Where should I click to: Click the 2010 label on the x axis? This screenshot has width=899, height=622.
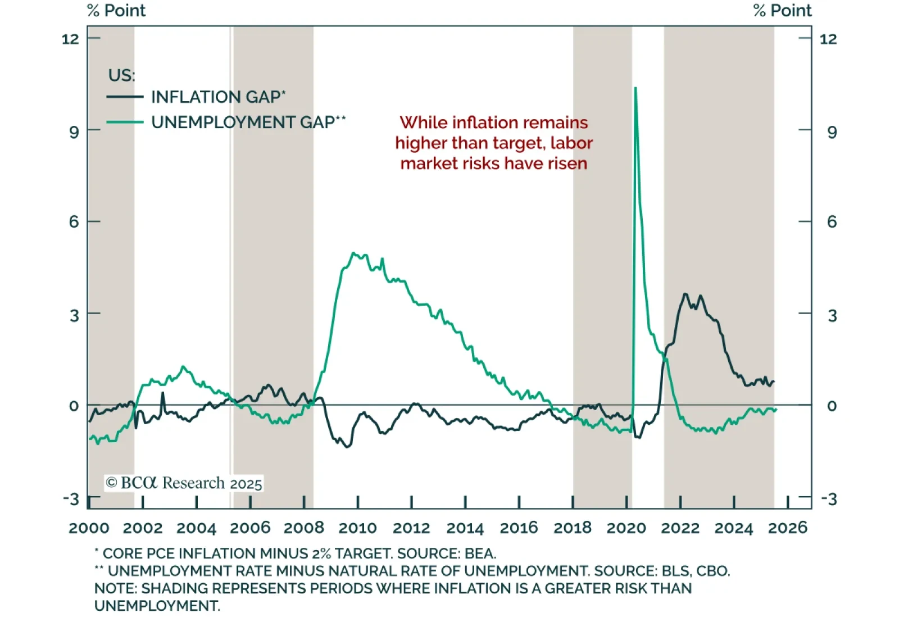pyautogui.click(x=357, y=528)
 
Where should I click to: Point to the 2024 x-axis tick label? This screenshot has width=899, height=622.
pyautogui.click(x=733, y=528)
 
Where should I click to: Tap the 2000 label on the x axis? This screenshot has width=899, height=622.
pyautogui.click(x=89, y=528)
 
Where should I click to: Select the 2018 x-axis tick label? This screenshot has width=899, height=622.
pyautogui.click(x=572, y=528)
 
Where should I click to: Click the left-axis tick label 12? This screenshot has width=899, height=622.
pyautogui.click(x=70, y=39)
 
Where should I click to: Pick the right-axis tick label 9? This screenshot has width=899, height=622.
pyautogui.click(x=832, y=132)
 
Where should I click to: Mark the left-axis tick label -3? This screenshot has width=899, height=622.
pyautogui.click(x=71, y=499)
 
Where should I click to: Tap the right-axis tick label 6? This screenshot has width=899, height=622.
pyautogui.click(x=832, y=222)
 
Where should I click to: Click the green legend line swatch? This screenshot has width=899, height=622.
pyautogui.click(x=125, y=122)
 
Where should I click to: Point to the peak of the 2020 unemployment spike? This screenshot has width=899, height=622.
pyautogui.click(x=635, y=88)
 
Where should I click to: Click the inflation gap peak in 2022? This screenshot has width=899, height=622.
pyautogui.click(x=685, y=294)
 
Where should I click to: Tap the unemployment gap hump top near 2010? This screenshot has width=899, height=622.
pyautogui.click(x=353, y=253)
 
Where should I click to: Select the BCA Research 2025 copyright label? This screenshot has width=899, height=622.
pyautogui.click(x=184, y=483)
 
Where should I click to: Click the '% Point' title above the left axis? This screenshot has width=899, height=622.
pyautogui.click(x=117, y=11)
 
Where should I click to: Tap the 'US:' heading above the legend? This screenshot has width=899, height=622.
pyautogui.click(x=121, y=75)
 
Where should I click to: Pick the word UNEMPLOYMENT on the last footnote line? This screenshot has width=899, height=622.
pyautogui.click(x=157, y=606)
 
